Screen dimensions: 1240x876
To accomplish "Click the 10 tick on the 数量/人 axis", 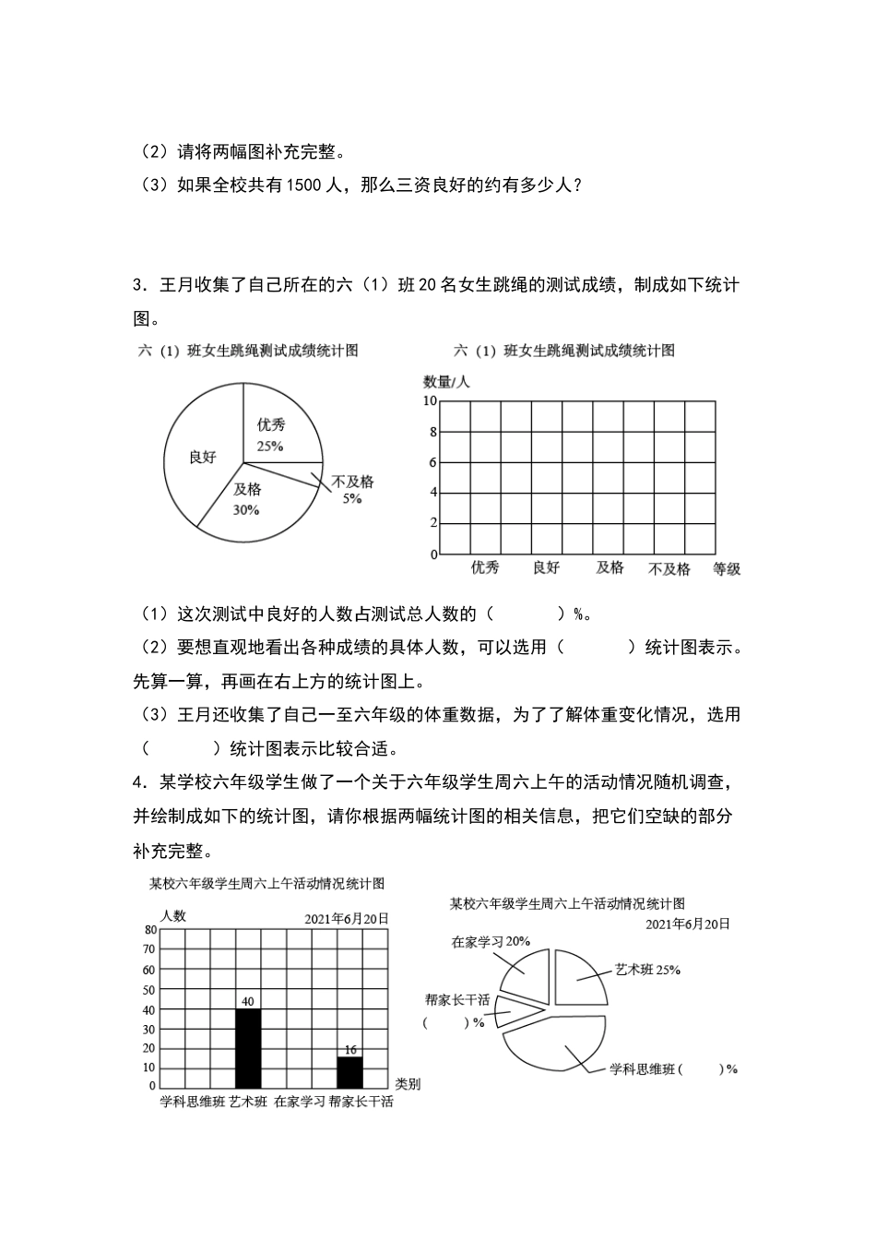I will pos(430,400).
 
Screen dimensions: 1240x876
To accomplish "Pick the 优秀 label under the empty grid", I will pos(485,567).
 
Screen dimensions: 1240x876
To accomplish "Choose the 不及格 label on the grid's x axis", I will pos(669,569).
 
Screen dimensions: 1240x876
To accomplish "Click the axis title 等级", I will pos(727,569).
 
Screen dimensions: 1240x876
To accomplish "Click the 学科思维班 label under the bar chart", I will pos(192,1102).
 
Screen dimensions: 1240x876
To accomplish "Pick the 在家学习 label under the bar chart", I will pos(300,1102).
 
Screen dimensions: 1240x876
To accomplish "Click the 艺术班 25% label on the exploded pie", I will pos(647,970).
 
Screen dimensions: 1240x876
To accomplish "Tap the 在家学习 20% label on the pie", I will pos(491,942).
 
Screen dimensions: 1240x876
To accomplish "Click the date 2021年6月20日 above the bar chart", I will pos(347,919).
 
